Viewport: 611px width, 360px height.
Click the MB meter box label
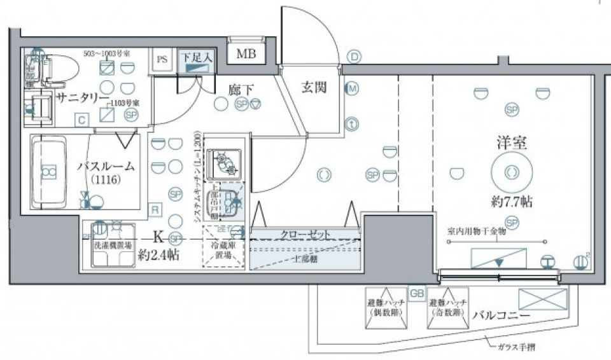pyautogui.click(x=246, y=54)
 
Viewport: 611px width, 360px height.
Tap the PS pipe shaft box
pyautogui.click(x=162, y=60)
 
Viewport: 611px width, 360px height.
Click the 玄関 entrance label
pyautogui.click(x=314, y=87)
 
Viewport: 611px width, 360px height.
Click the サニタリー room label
pyautogui.click(x=81, y=97)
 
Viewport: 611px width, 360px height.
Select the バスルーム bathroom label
pyautogui.click(x=106, y=167)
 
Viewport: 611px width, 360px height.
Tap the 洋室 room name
pyautogui.click(x=511, y=142)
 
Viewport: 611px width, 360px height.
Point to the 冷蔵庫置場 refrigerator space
pyautogui.click(x=223, y=250)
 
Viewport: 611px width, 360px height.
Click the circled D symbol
pyautogui.click(x=353, y=57)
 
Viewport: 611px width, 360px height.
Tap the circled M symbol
pyautogui.click(x=351, y=89)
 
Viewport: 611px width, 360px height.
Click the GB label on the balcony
pyautogui.click(x=416, y=294)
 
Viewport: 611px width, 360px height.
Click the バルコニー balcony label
pyautogui.click(x=502, y=315)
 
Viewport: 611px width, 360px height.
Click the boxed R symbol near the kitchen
pyautogui.click(x=155, y=208)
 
